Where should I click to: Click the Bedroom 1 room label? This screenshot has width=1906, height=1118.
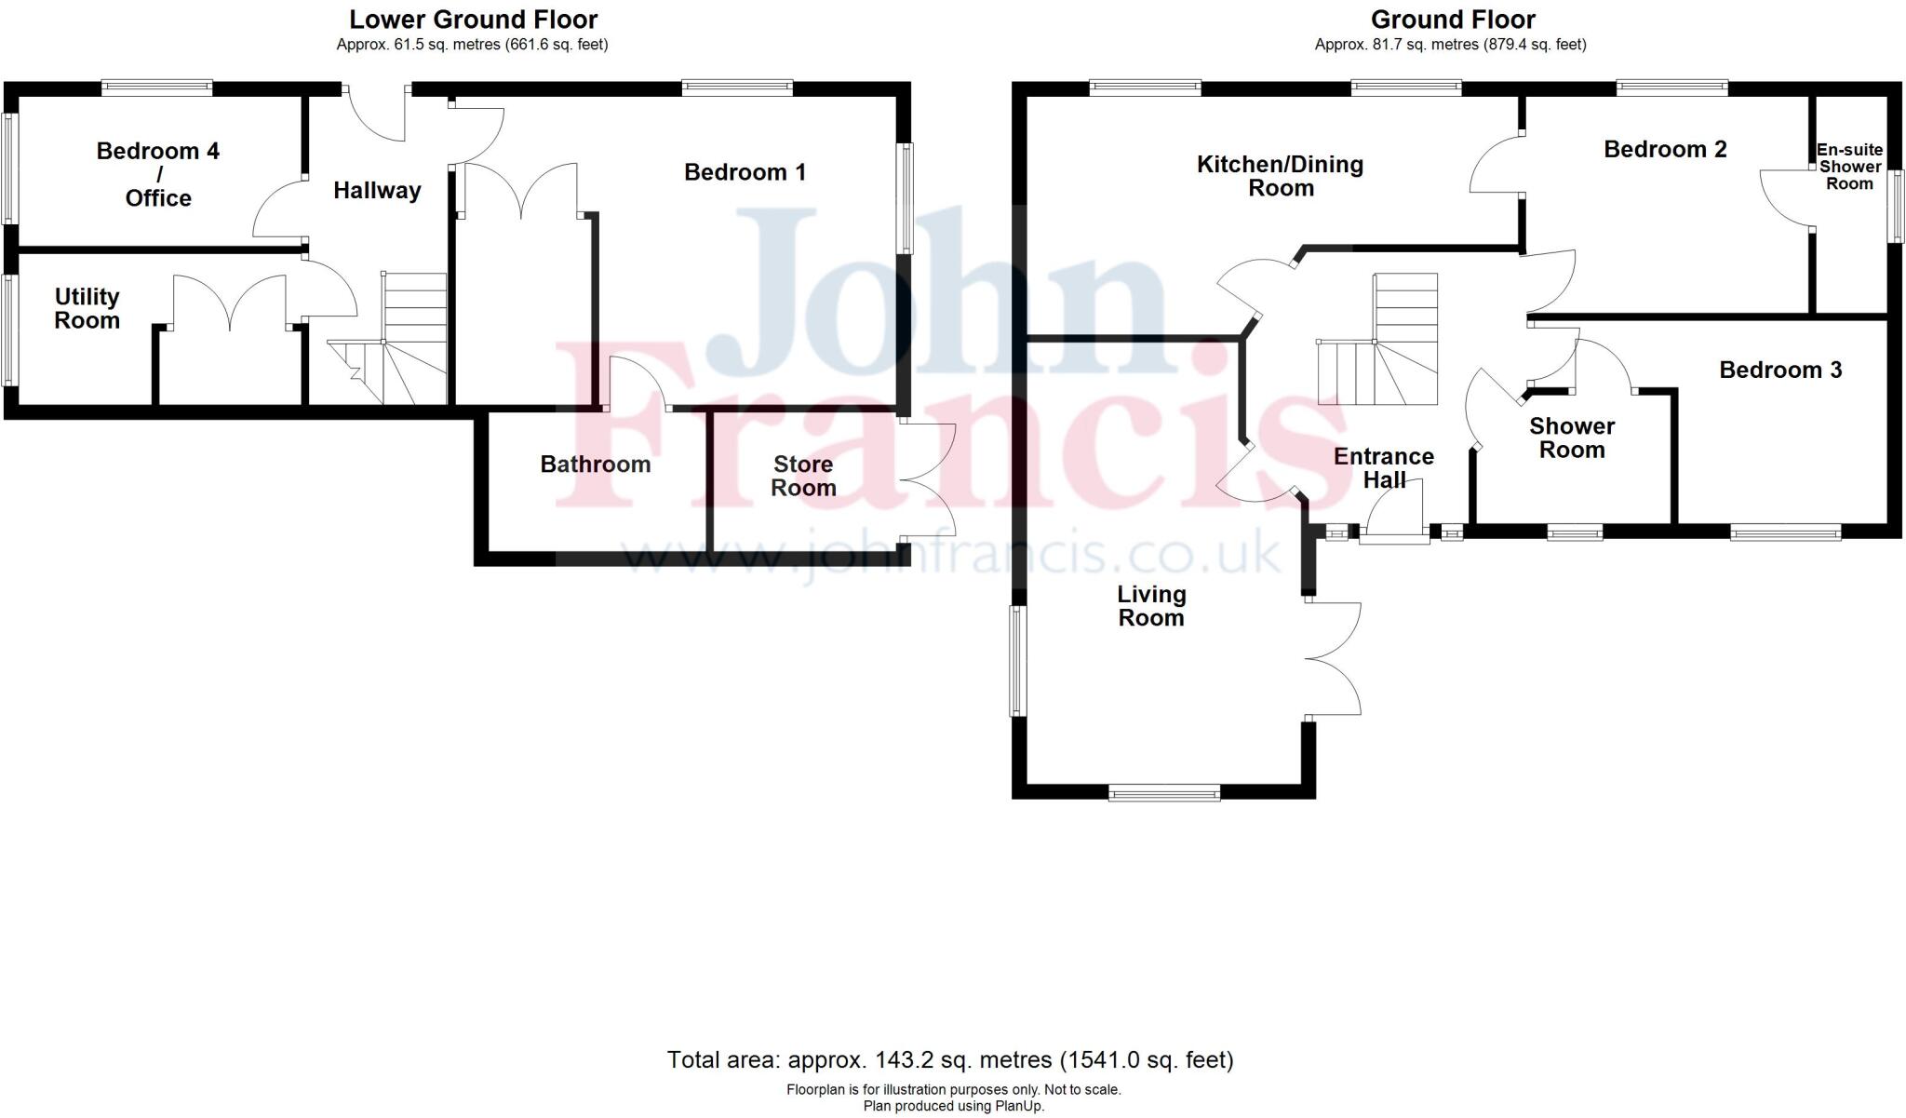745,172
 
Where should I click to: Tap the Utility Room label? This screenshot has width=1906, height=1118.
87,308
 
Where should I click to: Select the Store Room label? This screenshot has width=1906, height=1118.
803,476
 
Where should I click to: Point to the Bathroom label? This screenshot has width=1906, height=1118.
596,465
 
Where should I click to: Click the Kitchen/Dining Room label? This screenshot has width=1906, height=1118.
1281,176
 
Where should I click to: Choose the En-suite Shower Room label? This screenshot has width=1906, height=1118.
1849,167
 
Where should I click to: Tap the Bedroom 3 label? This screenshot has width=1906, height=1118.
1780,370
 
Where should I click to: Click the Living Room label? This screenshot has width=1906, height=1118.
1151,606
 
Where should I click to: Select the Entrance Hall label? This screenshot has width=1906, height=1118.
1384,468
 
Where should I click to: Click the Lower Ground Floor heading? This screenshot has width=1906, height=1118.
473,20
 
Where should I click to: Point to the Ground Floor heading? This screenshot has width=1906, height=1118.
1453,20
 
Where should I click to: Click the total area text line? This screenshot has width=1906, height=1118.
950,1059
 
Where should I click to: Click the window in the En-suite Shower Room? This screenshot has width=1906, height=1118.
1896,206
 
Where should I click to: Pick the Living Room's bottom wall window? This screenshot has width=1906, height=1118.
1164,792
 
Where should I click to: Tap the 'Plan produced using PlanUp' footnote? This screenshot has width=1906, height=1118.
953,1106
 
